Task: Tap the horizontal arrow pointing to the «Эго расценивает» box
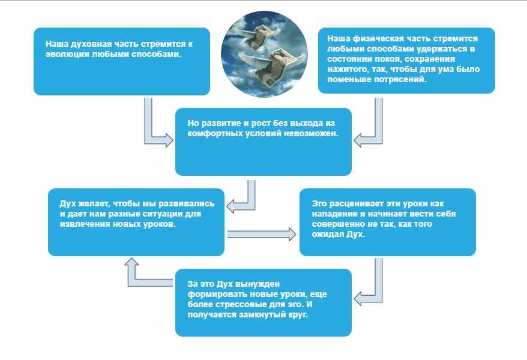(262, 234)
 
